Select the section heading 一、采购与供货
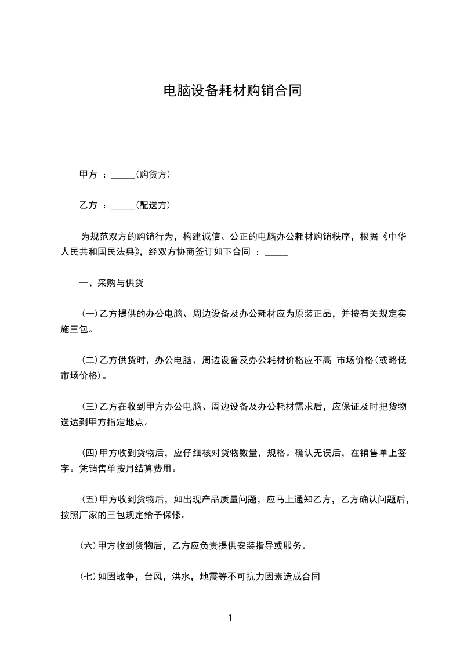click(111, 284)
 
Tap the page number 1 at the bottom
click(230, 618)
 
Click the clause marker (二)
click(89, 360)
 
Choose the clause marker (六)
click(89, 546)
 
